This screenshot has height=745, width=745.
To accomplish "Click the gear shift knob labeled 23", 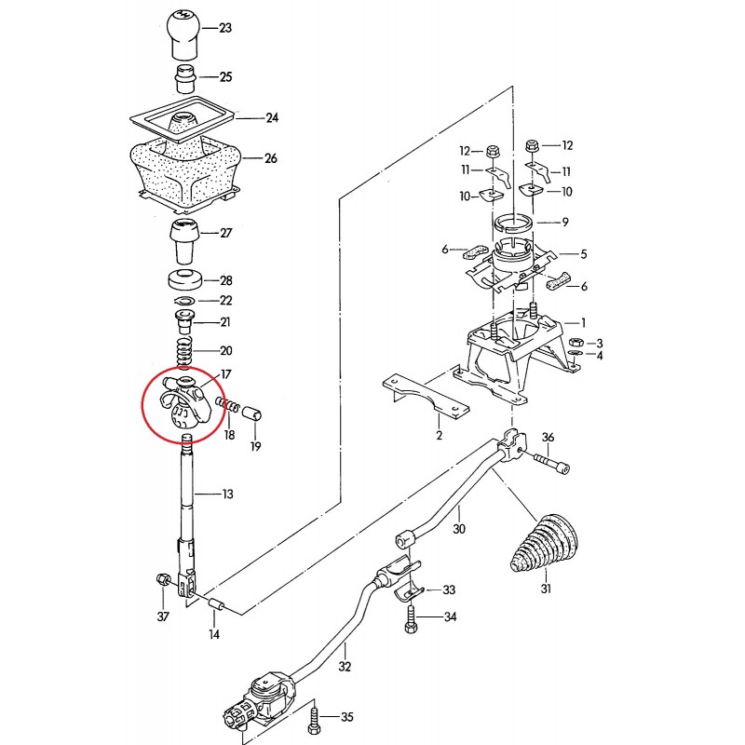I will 183,31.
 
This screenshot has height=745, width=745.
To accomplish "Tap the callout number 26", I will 271,158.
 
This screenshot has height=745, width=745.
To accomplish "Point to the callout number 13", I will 227,494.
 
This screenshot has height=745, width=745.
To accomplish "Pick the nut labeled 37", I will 163,581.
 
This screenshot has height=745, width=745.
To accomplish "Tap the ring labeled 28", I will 186,278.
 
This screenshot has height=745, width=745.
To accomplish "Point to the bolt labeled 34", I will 410,619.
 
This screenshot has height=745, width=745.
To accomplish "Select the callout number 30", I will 457,529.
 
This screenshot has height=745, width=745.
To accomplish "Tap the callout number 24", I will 272,118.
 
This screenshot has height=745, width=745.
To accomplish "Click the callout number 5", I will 583,253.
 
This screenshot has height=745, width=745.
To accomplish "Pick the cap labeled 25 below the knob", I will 183,76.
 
